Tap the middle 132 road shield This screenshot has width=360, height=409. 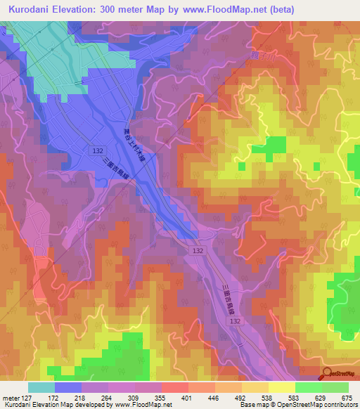pos(198,249)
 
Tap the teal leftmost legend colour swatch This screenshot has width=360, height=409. pos(41,387)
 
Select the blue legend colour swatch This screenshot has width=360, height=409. pos(67,387)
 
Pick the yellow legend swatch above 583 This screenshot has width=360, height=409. pos(281,387)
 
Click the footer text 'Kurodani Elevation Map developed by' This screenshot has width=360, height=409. pos(49,405)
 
